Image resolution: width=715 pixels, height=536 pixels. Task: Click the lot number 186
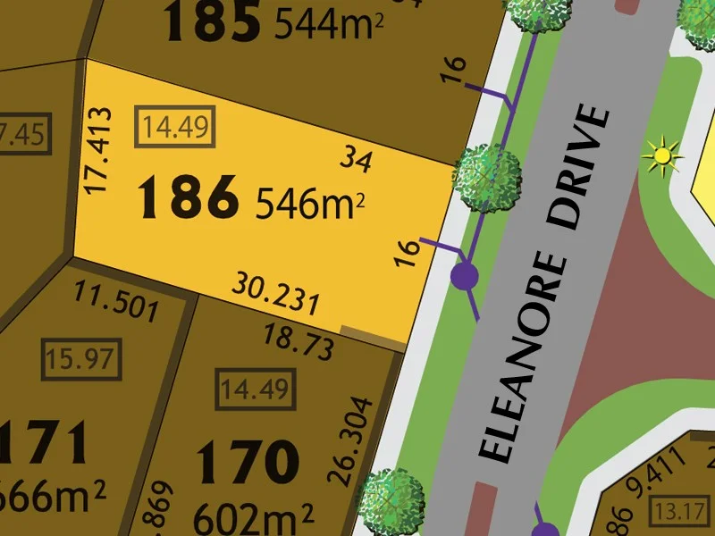click(189, 198)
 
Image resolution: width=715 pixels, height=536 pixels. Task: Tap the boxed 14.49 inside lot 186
click(174, 127)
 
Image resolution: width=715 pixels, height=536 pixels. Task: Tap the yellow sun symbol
click(661, 155)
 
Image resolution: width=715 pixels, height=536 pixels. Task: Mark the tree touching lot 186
click(486, 172)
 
